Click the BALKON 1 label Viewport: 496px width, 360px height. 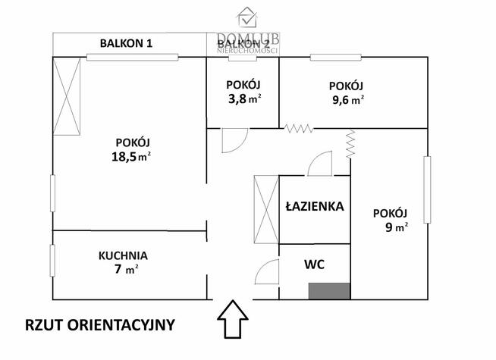coord(127,43)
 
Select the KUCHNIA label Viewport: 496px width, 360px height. coord(123,255)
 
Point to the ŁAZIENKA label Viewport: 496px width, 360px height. coord(315,206)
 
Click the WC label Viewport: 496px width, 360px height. coord(315,265)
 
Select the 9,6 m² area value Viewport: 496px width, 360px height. coord(346,99)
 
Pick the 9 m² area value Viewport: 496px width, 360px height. coord(391,226)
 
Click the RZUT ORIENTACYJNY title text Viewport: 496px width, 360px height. coord(100,325)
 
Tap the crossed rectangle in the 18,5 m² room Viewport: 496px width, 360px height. coord(67,98)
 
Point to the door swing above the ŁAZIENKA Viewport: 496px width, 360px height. coord(321,164)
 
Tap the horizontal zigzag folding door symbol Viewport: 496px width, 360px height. coord(299,129)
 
